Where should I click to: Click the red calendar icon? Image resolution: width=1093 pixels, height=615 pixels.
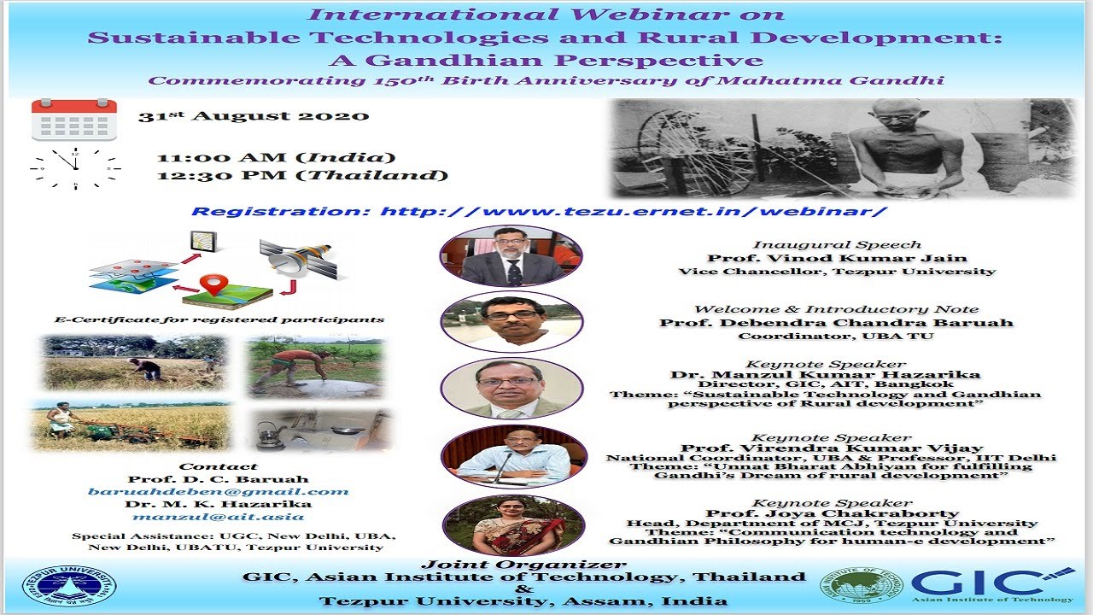click(x=74, y=120)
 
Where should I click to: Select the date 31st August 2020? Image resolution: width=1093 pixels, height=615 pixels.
click(x=254, y=116)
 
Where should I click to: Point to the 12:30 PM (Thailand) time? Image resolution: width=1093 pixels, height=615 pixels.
click(x=302, y=175)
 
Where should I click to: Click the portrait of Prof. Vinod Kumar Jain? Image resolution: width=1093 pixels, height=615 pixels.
click(x=511, y=255)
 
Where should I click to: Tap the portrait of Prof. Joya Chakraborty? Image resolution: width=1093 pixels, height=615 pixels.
click(x=513, y=524)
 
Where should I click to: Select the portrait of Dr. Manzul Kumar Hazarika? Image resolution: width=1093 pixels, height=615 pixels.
click(x=511, y=388)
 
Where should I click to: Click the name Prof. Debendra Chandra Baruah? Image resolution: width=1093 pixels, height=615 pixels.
click(x=836, y=323)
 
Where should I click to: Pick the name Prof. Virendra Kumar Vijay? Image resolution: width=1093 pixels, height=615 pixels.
click(x=832, y=448)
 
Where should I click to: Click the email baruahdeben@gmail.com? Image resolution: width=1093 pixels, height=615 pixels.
click(x=218, y=491)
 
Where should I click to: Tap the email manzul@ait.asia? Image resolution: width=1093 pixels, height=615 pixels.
click(x=218, y=517)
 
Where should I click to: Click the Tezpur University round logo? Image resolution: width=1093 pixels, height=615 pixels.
click(x=69, y=586)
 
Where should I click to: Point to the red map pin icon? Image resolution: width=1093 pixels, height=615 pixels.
click(x=213, y=284)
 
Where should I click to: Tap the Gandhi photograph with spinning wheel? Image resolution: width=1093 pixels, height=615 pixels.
click(x=841, y=149)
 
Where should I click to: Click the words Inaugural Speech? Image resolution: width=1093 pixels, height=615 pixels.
click(x=836, y=245)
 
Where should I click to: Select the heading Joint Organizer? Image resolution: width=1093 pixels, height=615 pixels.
click(x=523, y=565)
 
